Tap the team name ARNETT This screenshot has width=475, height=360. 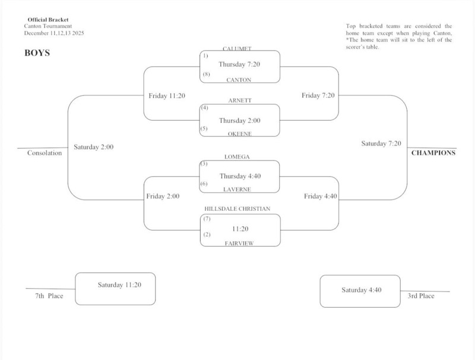point(239,101)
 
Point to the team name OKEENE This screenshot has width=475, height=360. point(239,134)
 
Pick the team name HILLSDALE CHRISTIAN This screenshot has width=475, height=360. point(237,209)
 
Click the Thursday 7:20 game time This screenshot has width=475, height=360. point(239,64)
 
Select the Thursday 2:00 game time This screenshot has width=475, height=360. point(239,120)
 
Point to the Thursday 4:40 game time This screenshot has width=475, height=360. point(239,175)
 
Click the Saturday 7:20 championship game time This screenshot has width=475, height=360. point(381,143)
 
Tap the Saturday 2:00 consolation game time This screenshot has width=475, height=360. point(94,147)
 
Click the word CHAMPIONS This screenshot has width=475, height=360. point(433,153)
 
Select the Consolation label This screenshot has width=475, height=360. point(45,153)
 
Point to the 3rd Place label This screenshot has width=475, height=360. point(421,295)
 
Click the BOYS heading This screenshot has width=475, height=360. point(36,52)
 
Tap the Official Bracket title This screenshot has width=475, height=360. point(48,20)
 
